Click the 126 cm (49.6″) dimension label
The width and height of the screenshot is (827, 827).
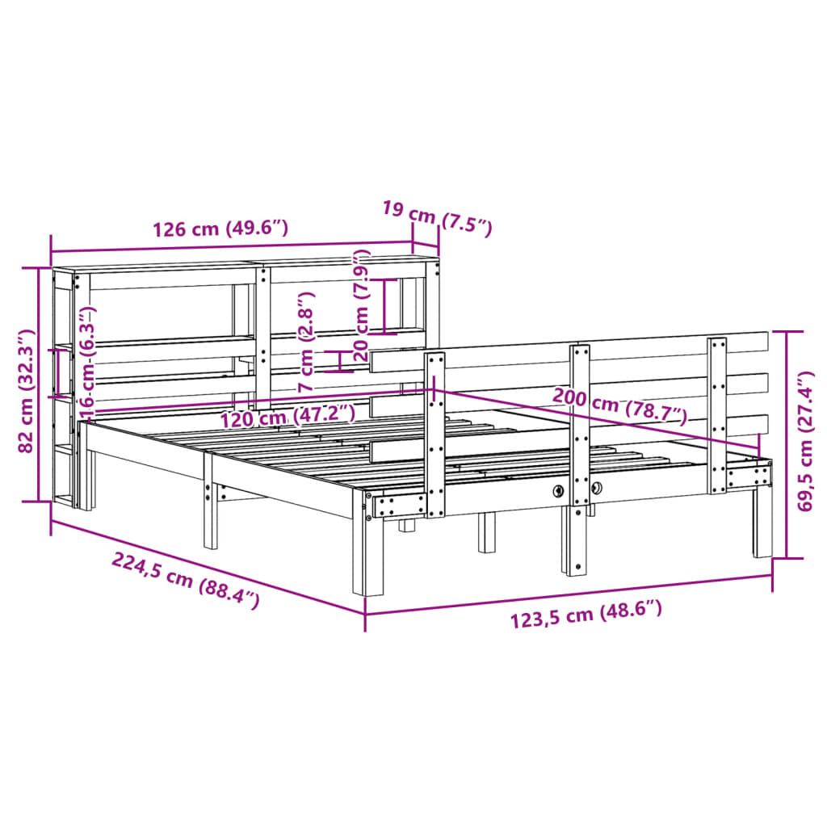coord(220,229)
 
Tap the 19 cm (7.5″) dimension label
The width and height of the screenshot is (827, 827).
coord(436,219)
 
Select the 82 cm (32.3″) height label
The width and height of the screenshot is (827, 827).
coord(27,390)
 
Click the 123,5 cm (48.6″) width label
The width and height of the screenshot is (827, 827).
coord(586,616)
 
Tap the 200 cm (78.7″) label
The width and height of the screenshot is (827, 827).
coord(619,406)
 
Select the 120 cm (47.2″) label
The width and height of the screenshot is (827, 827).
coord(288,417)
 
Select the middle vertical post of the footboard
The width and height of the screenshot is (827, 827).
coord(579,452)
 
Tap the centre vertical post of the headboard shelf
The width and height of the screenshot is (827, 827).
coord(263,335)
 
